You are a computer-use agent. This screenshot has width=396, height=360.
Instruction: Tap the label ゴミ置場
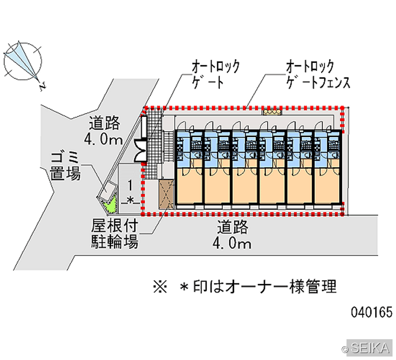[x=65, y=166]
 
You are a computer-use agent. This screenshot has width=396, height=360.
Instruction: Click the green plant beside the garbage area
[x=110, y=204]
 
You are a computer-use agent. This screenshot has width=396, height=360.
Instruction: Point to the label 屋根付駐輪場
[x=115, y=234]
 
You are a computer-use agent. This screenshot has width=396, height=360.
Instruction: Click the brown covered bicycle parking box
[x=166, y=194]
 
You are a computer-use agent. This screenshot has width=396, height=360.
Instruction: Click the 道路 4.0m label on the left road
[x=104, y=131]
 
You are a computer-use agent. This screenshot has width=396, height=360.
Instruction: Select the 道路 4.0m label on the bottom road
[x=232, y=235]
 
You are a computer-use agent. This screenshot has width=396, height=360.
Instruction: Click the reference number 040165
[x=372, y=312]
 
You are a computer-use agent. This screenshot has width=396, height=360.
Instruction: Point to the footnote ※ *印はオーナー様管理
[x=245, y=287]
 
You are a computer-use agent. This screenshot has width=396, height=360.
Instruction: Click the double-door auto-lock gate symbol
[x=141, y=151]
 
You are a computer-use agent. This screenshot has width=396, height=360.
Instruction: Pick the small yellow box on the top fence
[x=272, y=111]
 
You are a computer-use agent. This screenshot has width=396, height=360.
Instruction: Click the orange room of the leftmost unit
[x=190, y=186]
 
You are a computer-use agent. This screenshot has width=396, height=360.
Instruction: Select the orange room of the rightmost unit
[x=327, y=186]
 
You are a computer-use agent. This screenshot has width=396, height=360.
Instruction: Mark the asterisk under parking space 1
[x=130, y=201]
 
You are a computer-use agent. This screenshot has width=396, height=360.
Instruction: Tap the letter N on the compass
[x=43, y=86]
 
